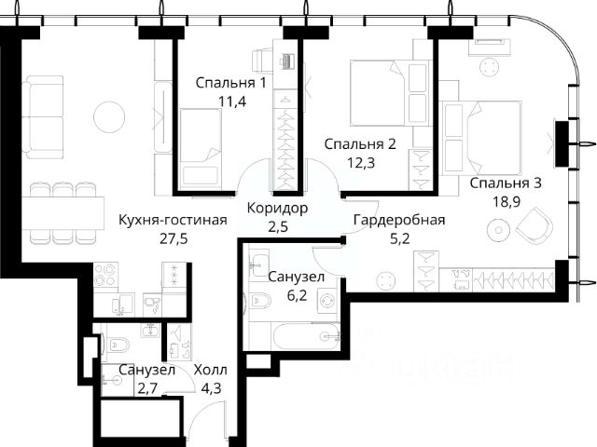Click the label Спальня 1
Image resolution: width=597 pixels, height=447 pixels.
click(230, 83)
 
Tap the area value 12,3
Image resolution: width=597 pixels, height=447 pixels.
click(361, 163)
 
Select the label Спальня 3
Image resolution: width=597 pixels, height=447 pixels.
click(506, 183)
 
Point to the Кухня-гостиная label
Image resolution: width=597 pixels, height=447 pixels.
click(173, 220)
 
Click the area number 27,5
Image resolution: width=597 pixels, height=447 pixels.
click(174, 239)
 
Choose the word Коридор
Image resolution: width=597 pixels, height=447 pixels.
click(277, 208)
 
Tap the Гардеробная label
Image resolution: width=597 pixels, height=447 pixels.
click(399, 220)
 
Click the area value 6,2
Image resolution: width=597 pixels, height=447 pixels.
click(297, 295)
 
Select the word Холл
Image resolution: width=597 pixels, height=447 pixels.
click(211, 370)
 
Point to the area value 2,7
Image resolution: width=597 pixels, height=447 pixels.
click(146, 389)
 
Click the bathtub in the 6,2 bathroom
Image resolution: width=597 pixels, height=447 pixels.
click(307, 335)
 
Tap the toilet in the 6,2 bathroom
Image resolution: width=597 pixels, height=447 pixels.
click(259, 301)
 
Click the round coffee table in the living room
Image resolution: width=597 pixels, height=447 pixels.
click(109, 117)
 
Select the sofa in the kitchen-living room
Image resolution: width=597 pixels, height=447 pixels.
click(42, 117)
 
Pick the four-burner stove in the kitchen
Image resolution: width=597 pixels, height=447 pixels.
click(105, 276)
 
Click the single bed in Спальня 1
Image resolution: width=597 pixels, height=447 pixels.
click(201, 149)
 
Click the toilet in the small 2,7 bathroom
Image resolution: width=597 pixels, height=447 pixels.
click(118, 345)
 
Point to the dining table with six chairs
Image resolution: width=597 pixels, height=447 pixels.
click(62, 213)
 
